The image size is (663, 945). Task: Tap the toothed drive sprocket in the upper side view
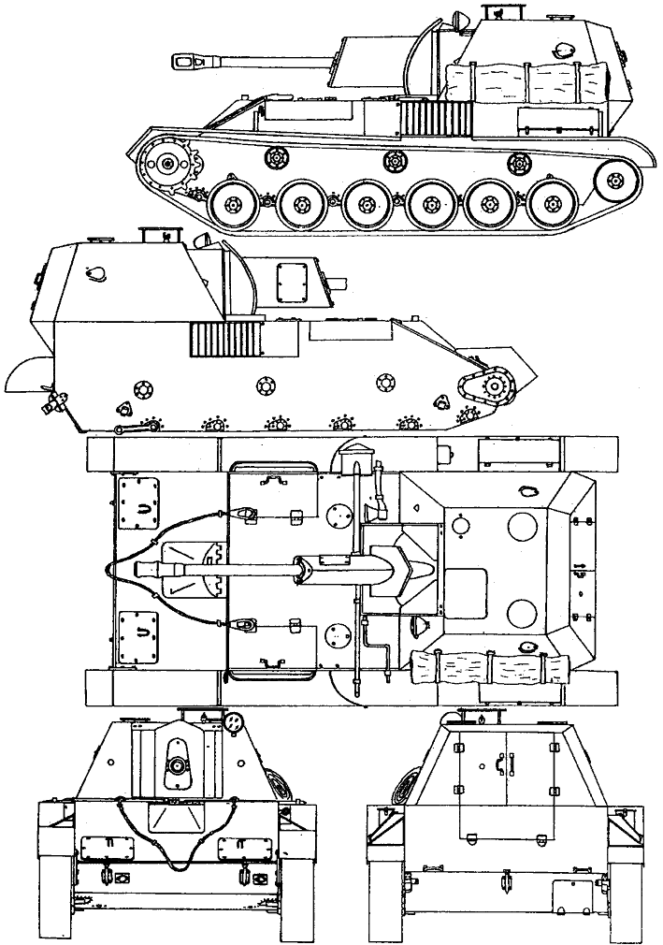click(167, 165)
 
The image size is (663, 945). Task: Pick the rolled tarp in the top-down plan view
click(494, 667)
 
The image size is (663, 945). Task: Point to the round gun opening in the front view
click(176, 765)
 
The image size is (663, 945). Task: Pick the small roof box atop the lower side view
click(156, 235)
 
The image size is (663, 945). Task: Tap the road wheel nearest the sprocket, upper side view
click(235, 202)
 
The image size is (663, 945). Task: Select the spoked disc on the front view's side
click(275, 780)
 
